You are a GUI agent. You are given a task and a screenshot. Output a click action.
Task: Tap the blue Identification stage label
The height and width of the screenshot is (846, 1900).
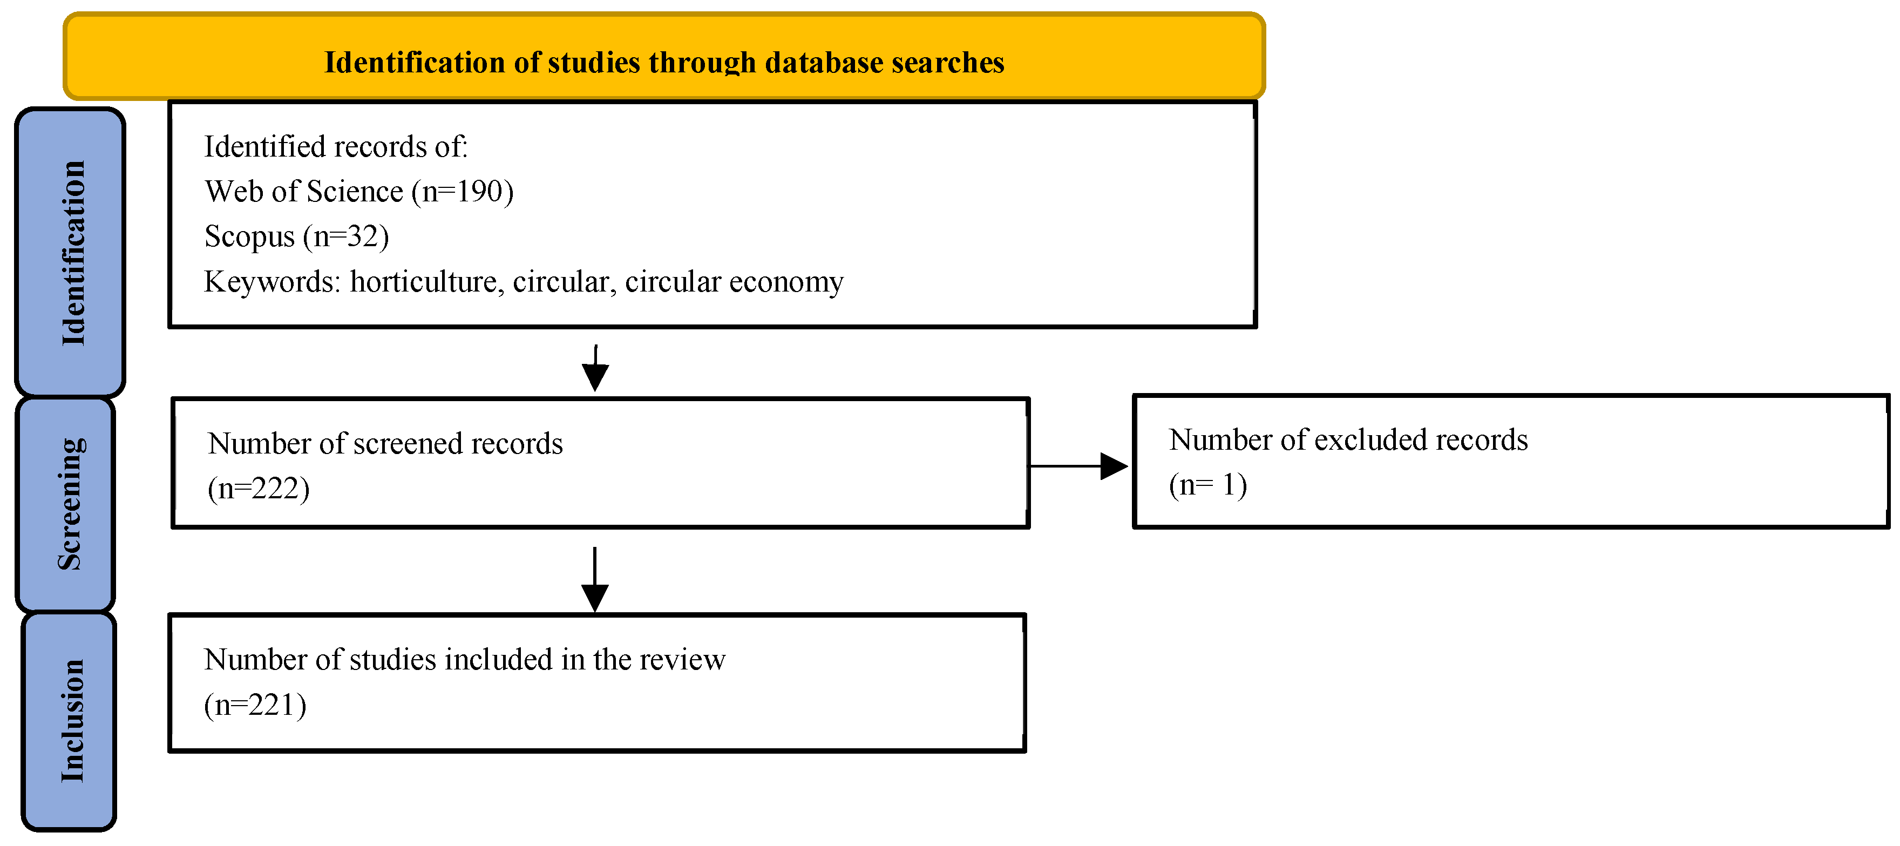tap(71, 252)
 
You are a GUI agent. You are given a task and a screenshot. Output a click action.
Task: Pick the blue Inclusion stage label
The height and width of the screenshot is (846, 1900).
tap(70, 721)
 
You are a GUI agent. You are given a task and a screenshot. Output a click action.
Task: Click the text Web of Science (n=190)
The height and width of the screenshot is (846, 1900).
tap(359, 192)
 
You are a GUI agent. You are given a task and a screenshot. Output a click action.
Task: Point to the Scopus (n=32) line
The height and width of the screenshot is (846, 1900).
tap(296, 237)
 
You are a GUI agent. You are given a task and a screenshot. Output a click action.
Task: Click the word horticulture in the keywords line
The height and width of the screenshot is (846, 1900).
tap(423, 282)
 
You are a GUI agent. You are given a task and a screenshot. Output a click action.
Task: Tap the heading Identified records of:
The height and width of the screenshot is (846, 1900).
tap(336, 147)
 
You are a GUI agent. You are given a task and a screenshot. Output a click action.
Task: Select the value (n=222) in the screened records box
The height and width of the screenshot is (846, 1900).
tap(258, 488)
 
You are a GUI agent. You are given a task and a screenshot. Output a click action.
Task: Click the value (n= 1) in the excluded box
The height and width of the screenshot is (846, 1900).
tap(1207, 485)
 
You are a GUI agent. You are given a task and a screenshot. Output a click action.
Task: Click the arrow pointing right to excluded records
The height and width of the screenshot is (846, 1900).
tap(1078, 466)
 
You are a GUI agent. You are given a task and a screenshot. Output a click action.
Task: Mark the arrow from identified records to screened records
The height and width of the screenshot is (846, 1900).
tap(595, 368)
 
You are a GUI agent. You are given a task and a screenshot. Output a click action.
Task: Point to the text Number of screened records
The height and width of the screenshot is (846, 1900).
tap(385, 444)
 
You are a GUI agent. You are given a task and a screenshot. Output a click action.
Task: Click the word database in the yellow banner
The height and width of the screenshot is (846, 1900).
tap(823, 63)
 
